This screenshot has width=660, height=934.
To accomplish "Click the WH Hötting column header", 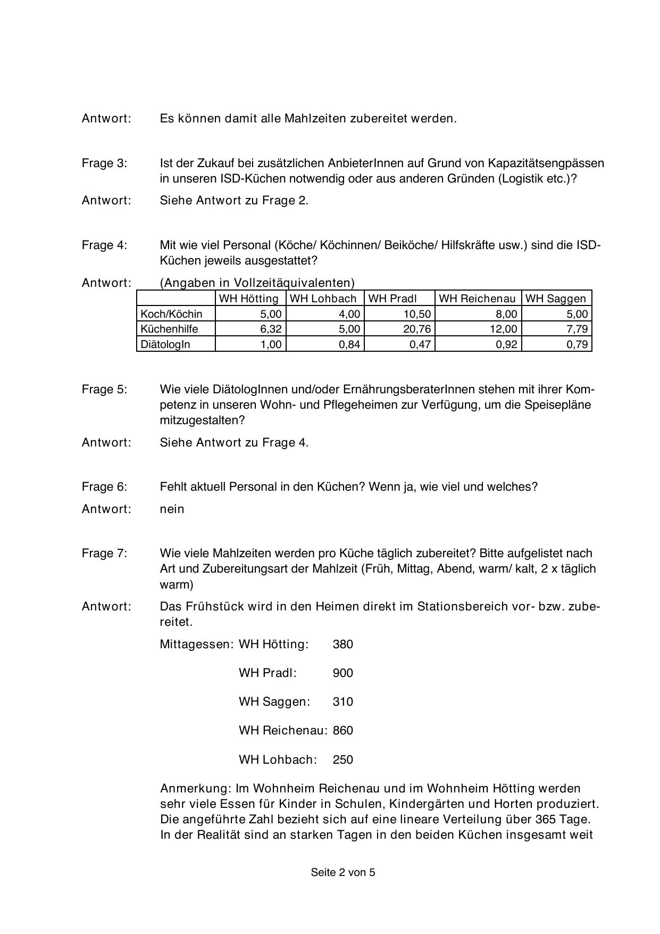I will [x=249, y=299].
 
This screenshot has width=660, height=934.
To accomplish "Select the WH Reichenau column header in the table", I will [x=477, y=299].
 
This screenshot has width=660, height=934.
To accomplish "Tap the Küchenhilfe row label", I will [x=169, y=329].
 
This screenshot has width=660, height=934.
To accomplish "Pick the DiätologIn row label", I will [x=165, y=344].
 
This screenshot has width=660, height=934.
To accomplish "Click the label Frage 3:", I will [x=104, y=163].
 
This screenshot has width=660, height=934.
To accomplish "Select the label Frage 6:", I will [x=104, y=487].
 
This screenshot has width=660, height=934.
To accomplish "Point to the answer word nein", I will [x=172, y=509].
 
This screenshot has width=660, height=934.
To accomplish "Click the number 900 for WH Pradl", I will [x=342, y=673].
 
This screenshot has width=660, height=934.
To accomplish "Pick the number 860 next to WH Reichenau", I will [x=342, y=731].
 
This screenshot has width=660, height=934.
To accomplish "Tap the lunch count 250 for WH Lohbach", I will [x=342, y=760].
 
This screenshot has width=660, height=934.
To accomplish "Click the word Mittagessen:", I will [x=197, y=644].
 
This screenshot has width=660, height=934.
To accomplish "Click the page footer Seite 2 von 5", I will [x=343, y=872].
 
